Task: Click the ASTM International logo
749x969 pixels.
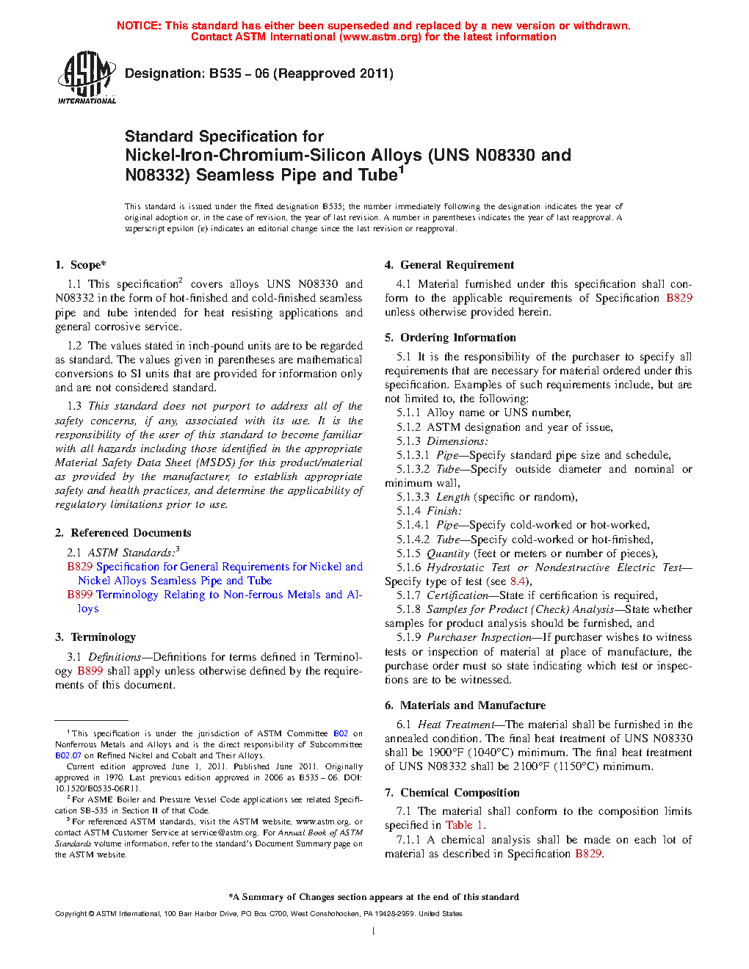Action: pos(87,77)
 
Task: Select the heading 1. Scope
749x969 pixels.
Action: pos(81,265)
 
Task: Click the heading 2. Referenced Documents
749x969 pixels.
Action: pos(123,533)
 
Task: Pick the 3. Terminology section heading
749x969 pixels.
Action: pos(95,637)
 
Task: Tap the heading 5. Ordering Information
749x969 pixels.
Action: pos(450,338)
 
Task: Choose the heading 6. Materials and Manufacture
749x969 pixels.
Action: pos(465,705)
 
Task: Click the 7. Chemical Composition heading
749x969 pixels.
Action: pos(452,793)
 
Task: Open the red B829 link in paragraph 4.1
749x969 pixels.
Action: pos(679,298)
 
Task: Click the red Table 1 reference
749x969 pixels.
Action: pos(464,825)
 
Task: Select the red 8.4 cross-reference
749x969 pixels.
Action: pos(518,581)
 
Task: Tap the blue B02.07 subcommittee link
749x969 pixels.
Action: pos(68,755)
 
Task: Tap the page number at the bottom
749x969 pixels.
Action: pos(374,932)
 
